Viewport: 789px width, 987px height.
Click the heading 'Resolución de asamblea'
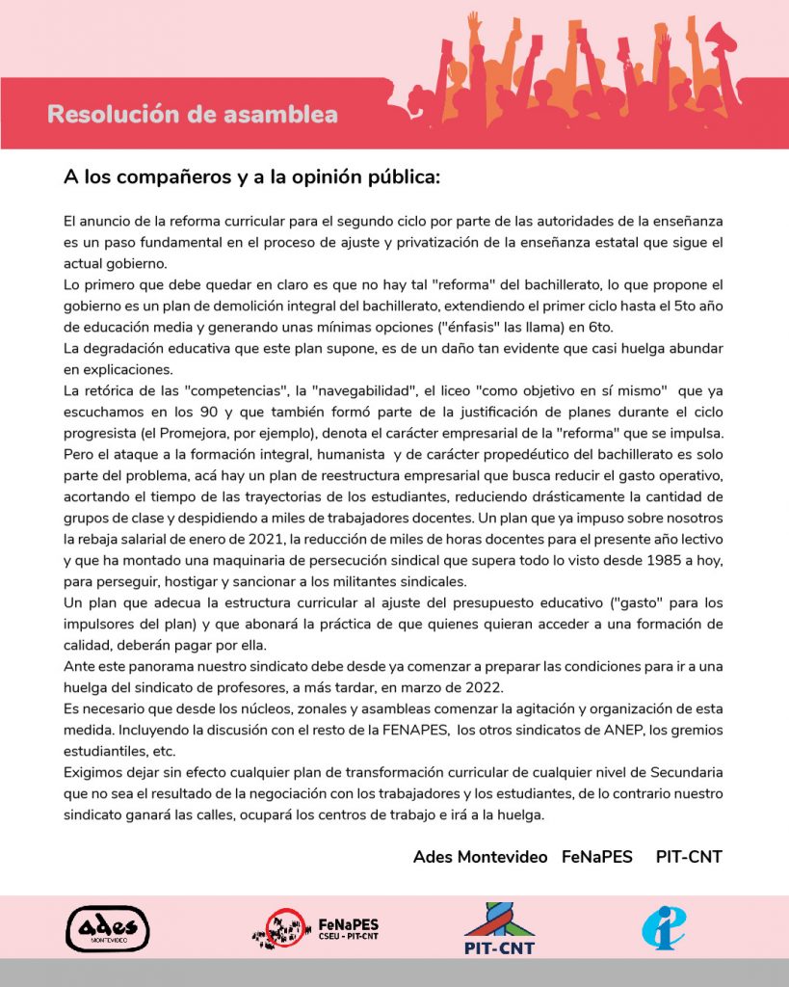[x=192, y=115]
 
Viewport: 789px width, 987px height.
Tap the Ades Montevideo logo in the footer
[x=107, y=929]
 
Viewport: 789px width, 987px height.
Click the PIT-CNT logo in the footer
[x=498, y=929]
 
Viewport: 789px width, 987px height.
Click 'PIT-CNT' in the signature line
[x=688, y=857]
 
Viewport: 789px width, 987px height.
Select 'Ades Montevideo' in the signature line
[x=480, y=857]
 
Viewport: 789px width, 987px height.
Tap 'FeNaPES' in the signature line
[x=596, y=857]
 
